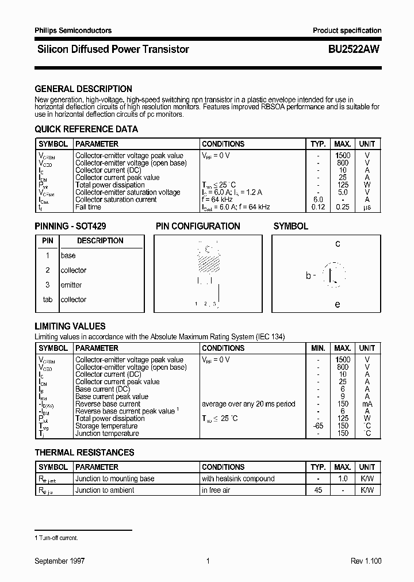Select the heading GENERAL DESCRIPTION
click(x=83, y=89)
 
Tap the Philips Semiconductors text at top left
click(x=73, y=30)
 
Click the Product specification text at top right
click(x=347, y=30)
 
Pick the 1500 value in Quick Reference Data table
click(x=343, y=156)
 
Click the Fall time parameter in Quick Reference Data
click(x=88, y=207)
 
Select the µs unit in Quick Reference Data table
click(x=367, y=207)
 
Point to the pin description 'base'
click(x=68, y=255)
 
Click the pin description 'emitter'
click(x=71, y=285)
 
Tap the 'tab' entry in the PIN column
click(x=48, y=300)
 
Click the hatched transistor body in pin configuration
click(x=208, y=262)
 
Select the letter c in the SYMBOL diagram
click(x=338, y=244)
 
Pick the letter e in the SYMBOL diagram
click(x=338, y=304)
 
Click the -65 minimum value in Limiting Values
click(x=318, y=426)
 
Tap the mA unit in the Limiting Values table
click(x=367, y=404)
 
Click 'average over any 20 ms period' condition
click(x=248, y=404)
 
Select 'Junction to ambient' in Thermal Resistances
click(x=105, y=491)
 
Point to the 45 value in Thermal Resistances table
click(x=318, y=491)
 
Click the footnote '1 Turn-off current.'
click(x=56, y=538)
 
